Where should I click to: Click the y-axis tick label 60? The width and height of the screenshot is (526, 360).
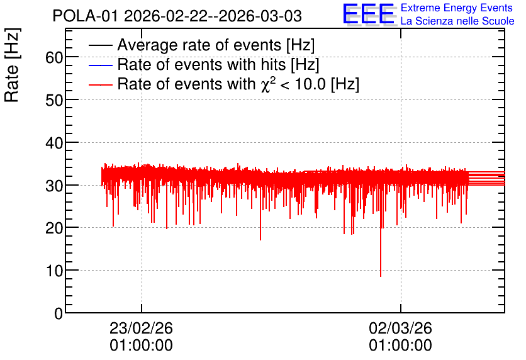tap(54, 57)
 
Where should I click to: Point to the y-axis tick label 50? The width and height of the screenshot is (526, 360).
tap(54, 100)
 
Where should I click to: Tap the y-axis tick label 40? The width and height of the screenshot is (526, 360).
tap(54, 143)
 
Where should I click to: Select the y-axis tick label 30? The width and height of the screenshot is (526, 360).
tap(54, 186)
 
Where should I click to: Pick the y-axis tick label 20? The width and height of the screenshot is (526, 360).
tap(54, 228)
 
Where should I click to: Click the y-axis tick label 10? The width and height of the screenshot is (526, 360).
tap(54, 271)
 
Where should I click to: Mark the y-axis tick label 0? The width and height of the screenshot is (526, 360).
tap(59, 313)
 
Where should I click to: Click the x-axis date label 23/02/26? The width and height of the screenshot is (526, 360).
tap(141, 328)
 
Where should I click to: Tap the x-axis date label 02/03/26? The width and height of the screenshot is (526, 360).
tap(401, 328)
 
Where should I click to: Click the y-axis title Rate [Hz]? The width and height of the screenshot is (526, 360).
tap(12, 65)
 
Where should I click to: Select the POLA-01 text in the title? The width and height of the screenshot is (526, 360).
tap(85, 16)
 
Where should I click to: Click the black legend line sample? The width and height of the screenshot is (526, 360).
tap(100, 45)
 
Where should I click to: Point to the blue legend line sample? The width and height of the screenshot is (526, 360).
tap(100, 65)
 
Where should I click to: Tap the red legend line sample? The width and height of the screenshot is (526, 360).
tap(100, 85)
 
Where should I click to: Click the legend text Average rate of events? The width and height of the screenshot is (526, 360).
tap(199, 45)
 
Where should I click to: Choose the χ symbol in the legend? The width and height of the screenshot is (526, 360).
tap(265, 85)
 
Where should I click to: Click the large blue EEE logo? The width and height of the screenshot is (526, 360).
tap(369, 14)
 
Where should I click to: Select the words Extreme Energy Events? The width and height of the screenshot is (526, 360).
tap(457, 8)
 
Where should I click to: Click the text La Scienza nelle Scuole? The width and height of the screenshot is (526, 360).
tap(457, 21)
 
